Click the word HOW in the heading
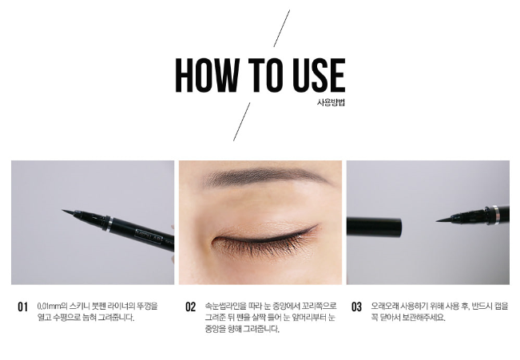(x=207, y=75)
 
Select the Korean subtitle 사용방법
(x=331, y=102)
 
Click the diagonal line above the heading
(x=281, y=28)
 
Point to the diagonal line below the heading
(x=242, y=121)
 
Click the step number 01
(x=22, y=307)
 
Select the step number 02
(x=191, y=307)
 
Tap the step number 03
(x=356, y=307)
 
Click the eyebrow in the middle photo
(x=265, y=178)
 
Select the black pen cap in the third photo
(x=374, y=226)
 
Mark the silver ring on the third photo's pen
(x=494, y=215)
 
